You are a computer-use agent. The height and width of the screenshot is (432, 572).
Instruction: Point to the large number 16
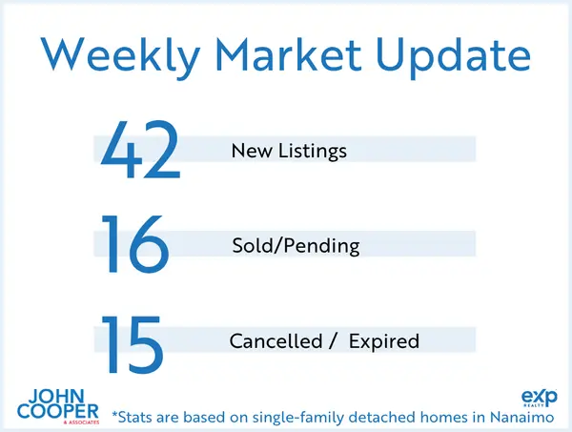[134, 245]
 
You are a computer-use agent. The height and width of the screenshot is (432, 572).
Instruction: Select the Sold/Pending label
[296, 246]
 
